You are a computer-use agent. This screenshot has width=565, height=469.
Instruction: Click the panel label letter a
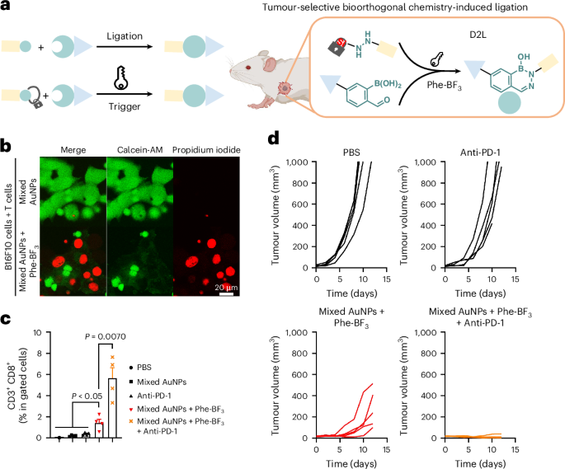point(7,7)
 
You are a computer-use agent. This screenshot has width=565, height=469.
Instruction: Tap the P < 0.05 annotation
point(87,395)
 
